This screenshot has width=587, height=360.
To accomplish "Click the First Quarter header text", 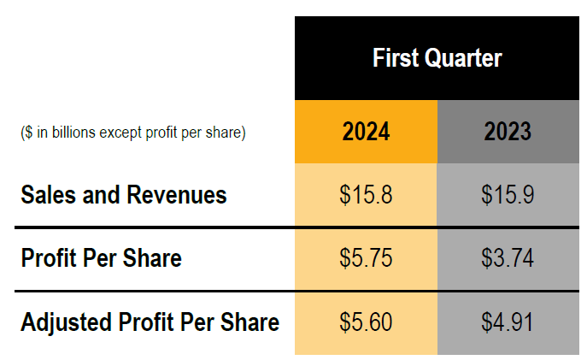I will coord(437,58).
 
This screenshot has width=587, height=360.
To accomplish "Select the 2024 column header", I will coord(366,132).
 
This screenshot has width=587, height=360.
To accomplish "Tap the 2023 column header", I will coord(508,132).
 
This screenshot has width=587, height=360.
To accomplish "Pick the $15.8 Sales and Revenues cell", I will coord(366,195).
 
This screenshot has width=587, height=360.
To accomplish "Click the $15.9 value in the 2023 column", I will coord(508,195).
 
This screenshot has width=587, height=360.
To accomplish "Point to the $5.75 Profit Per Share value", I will coord(366,258).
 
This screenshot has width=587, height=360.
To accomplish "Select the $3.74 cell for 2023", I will coord(508,258).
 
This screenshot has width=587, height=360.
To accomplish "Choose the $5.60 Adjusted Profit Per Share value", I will coord(366,322).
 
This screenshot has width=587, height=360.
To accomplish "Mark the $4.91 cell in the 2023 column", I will coord(508,322).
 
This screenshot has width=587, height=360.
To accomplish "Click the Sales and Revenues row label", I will coord(124,195).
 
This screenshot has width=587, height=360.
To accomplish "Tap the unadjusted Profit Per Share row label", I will coord(101,258).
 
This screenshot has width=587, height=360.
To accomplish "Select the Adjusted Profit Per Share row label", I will coord(150,322).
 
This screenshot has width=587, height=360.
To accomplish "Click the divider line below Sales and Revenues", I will coord(154,227).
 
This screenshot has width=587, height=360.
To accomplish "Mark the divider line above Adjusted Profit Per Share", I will coord(154,292).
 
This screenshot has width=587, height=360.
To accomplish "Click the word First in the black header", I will coord(393,58).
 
